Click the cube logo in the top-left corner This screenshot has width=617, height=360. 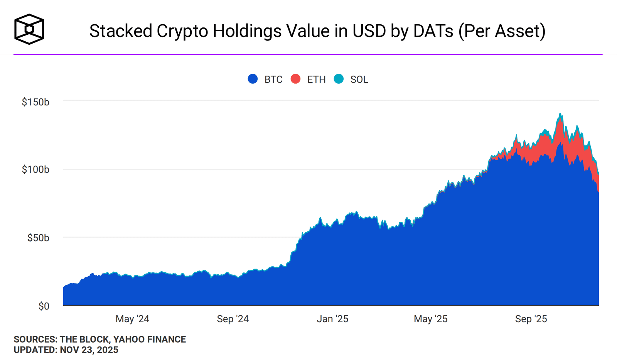tap(29, 29)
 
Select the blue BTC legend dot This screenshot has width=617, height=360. tap(253, 79)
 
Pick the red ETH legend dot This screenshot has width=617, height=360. tap(295, 79)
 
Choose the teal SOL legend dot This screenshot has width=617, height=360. tap(339, 79)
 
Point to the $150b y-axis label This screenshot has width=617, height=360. tap(35, 102)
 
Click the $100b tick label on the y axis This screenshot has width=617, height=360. tap(35, 169)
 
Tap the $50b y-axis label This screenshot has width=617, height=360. tap(38, 238)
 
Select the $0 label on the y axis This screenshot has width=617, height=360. tap(44, 306)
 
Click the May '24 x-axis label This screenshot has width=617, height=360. tap(132, 319)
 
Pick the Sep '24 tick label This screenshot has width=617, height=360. tap(233, 319)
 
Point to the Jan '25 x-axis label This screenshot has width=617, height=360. tap(332, 319)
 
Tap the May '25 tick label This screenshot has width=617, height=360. tap(430, 319)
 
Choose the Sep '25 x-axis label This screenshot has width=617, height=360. tap(531, 319)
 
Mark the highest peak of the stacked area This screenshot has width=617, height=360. tap(560, 113)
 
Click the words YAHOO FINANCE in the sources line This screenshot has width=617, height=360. tap(150, 339)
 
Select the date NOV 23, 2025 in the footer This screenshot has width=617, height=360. tap(89, 350)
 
